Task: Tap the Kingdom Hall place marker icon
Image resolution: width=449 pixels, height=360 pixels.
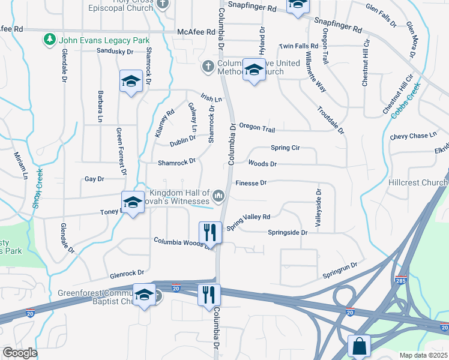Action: pyautogui.click(x=218, y=196)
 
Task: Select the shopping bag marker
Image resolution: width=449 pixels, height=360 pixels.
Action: pyautogui.click(x=359, y=346)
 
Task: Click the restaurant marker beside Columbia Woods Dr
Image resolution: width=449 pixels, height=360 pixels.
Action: pyautogui.click(x=209, y=232)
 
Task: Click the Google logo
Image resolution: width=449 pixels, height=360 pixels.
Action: pyautogui.click(x=20, y=353)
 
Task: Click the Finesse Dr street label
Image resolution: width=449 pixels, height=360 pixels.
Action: pyautogui.click(x=251, y=183)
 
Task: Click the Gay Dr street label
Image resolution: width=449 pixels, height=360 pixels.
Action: pyautogui.click(x=94, y=179)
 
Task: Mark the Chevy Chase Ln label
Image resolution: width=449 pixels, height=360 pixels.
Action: pyautogui.click(x=413, y=136)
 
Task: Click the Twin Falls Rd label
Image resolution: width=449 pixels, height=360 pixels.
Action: pyautogui.click(x=298, y=46)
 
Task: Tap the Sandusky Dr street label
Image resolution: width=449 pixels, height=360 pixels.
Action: pyautogui.click(x=115, y=52)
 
